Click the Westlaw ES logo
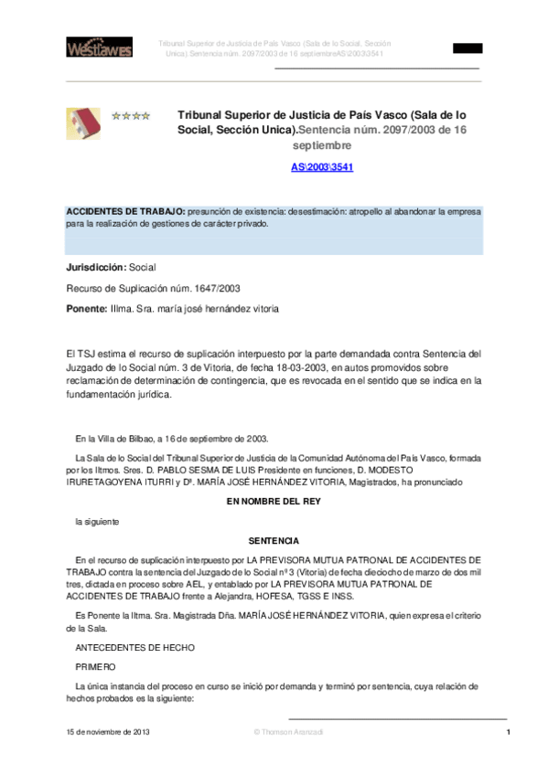99,47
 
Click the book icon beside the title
83,123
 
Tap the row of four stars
131,116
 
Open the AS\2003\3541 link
322,167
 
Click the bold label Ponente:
87,309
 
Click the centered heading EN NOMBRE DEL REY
274,502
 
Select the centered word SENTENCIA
274,541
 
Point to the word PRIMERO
96,667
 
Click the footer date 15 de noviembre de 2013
108,733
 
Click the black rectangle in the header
467,48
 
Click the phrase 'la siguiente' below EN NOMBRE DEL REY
97,521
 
